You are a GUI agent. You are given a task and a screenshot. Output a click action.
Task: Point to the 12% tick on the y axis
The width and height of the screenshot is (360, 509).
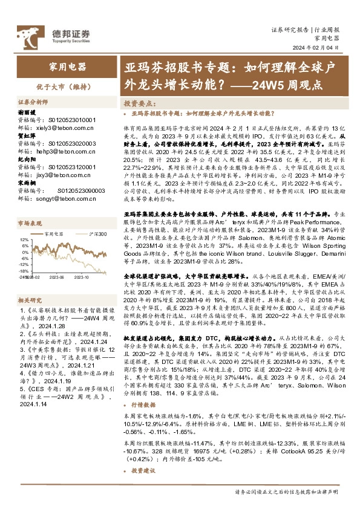click(x=24, y=239)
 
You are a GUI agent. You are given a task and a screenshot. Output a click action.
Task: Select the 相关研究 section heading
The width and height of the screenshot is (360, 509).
click(x=29, y=300)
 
